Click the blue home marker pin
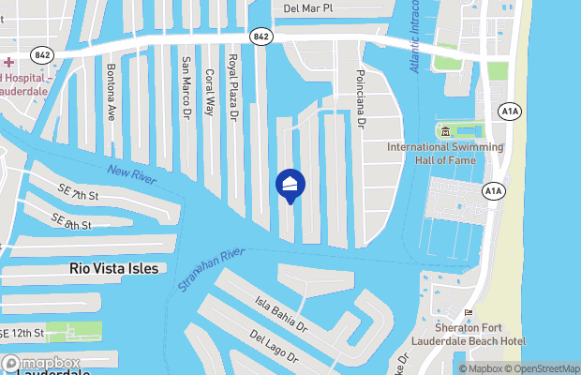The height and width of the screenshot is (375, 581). click(290, 185)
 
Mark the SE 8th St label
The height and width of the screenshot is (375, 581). click(71, 222)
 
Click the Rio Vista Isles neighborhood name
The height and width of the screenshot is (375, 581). click(113, 268)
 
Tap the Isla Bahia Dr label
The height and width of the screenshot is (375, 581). click(281, 315)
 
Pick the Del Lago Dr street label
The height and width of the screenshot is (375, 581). click(275, 346)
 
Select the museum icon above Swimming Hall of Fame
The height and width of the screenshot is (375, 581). click(445, 130)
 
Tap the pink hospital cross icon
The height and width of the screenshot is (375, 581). click(7, 62)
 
